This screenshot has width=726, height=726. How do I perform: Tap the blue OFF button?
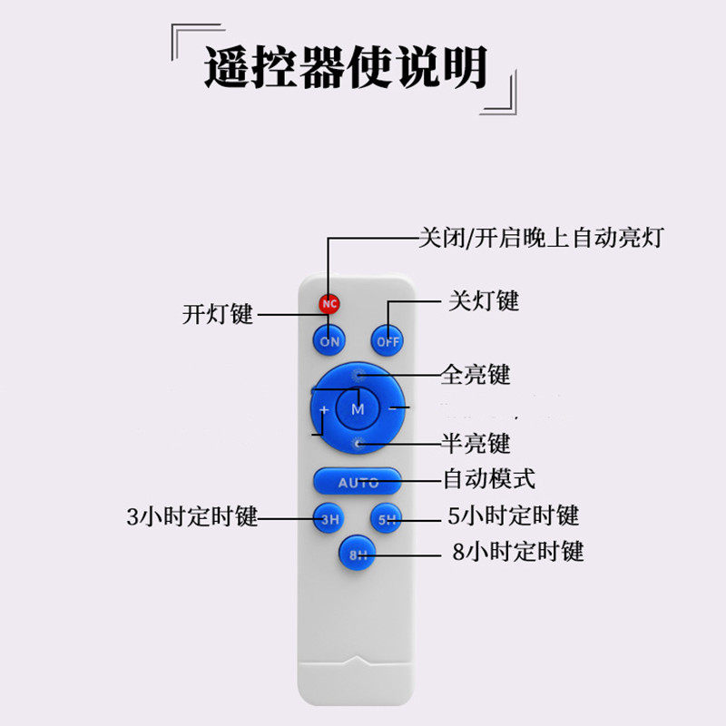click(x=388, y=341)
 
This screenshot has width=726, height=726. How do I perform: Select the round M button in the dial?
click(x=358, y=409)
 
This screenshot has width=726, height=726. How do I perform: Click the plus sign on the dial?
click(x=324, y=410)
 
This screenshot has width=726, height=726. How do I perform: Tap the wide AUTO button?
click(x=358, y=482)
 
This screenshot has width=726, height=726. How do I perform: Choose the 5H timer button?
click(x=388, y=520)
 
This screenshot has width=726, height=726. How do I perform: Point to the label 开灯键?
click(x=218, y=315)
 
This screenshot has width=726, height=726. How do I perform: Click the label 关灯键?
click(x=484, y=300)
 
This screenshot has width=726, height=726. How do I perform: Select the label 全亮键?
click(x=476, y=374)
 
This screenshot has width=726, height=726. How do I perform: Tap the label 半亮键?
click(x=476, y=444)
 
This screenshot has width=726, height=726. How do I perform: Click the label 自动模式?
click(x=488, y=477)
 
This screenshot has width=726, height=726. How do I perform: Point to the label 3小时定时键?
click(x=192, y=517)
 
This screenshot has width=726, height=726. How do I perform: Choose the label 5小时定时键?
click(x=514, y=516)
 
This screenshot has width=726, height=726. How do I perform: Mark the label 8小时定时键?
click(x=517, y=551)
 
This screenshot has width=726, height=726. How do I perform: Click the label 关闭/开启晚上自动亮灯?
click(x=541, y=239)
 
